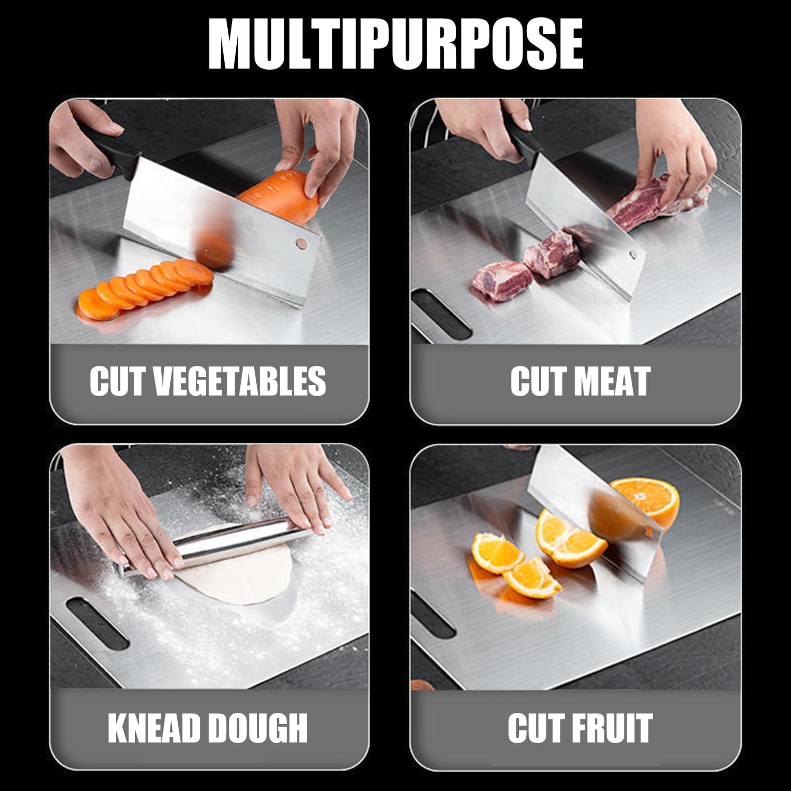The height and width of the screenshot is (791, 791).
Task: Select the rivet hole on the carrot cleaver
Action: click(x=301, y=243)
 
